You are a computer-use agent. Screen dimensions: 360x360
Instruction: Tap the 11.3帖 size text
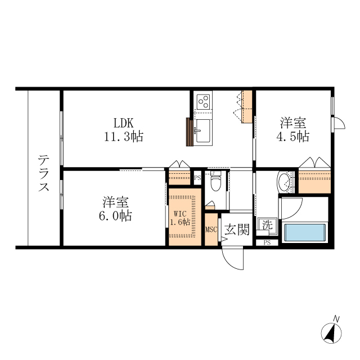pyautogui.click(x=123, y=136)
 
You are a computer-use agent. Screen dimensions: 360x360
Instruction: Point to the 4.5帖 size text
pyautogui.click(x=294, y=136)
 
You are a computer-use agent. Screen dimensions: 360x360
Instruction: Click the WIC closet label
pyautogui.click(x=179, y=213)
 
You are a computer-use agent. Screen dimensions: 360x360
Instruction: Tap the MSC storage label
pyautogui.click(x=211, y=229)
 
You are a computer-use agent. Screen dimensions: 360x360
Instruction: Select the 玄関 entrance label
pyautogui.click(x=237, y=229)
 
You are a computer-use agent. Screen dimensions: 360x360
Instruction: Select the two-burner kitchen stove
pyautogui.click(x=203, y=102)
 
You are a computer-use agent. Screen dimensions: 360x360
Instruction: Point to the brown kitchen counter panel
pyautogui.click(x=190, y=132)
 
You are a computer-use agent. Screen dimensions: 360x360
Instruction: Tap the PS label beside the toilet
pyautogui.click(x=197, y=178)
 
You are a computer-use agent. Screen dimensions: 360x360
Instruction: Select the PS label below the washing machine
pyautogui.click(x=267, y=242)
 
